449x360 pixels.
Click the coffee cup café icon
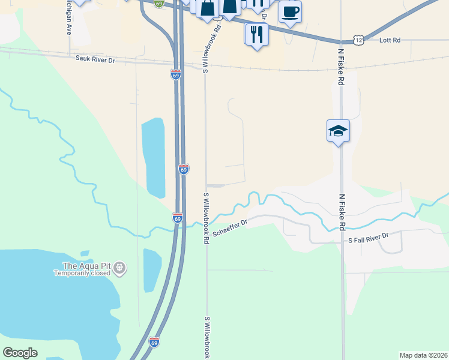coord(290,11)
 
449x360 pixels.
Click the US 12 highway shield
coord(358,40)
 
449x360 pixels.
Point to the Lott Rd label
coord(390,40)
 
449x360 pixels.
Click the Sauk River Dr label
coord(95,59)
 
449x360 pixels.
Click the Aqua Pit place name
coord(88,266)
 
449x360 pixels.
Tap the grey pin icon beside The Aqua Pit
coord(119,267)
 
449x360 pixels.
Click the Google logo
coord(20,353)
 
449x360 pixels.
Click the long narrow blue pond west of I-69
coord(153,157)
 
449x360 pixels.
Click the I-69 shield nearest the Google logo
coord(154,341)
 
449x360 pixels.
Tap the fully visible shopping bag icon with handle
coord(207,9)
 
